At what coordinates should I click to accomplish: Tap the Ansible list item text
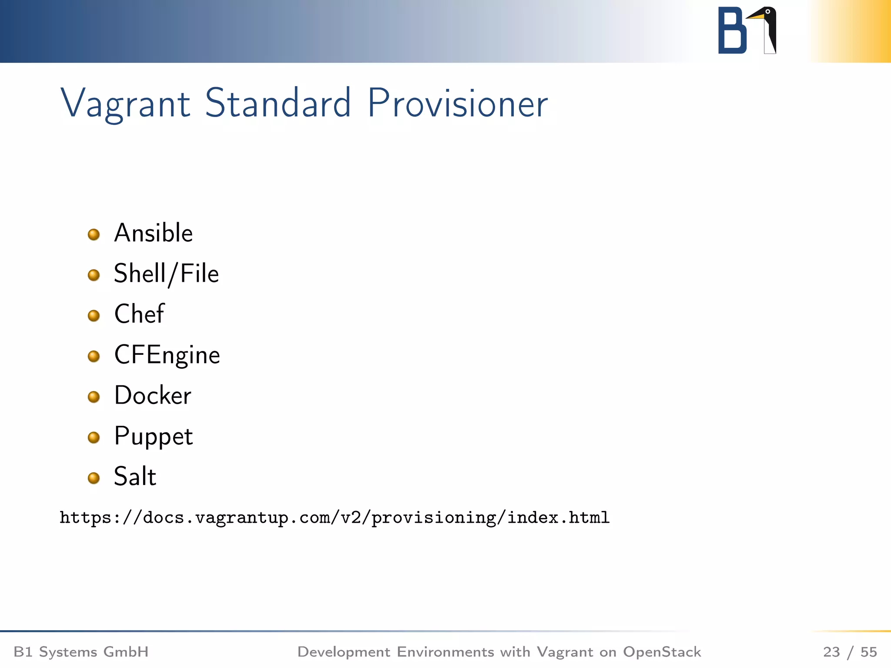(153, 233)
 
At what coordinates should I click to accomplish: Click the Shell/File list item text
(166, 274)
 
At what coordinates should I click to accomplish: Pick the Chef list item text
(139, 314)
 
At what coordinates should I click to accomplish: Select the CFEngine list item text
(167, 355)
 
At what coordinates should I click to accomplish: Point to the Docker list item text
(153, 395)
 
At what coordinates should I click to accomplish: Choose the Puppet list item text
(153, 436)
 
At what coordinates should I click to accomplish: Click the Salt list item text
(135, 477)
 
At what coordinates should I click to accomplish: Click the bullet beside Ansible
(94, 235)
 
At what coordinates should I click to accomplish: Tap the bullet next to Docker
(94, 397)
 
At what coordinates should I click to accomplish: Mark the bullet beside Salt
(94, 478)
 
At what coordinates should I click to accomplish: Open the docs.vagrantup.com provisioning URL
(334, 518)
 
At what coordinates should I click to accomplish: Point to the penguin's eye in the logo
(768, 12)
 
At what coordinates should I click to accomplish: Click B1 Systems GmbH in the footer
(81, 652)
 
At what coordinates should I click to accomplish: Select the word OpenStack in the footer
(662, 652)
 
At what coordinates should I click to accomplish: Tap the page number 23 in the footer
(831, 652)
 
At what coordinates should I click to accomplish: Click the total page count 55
(868, 652)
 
